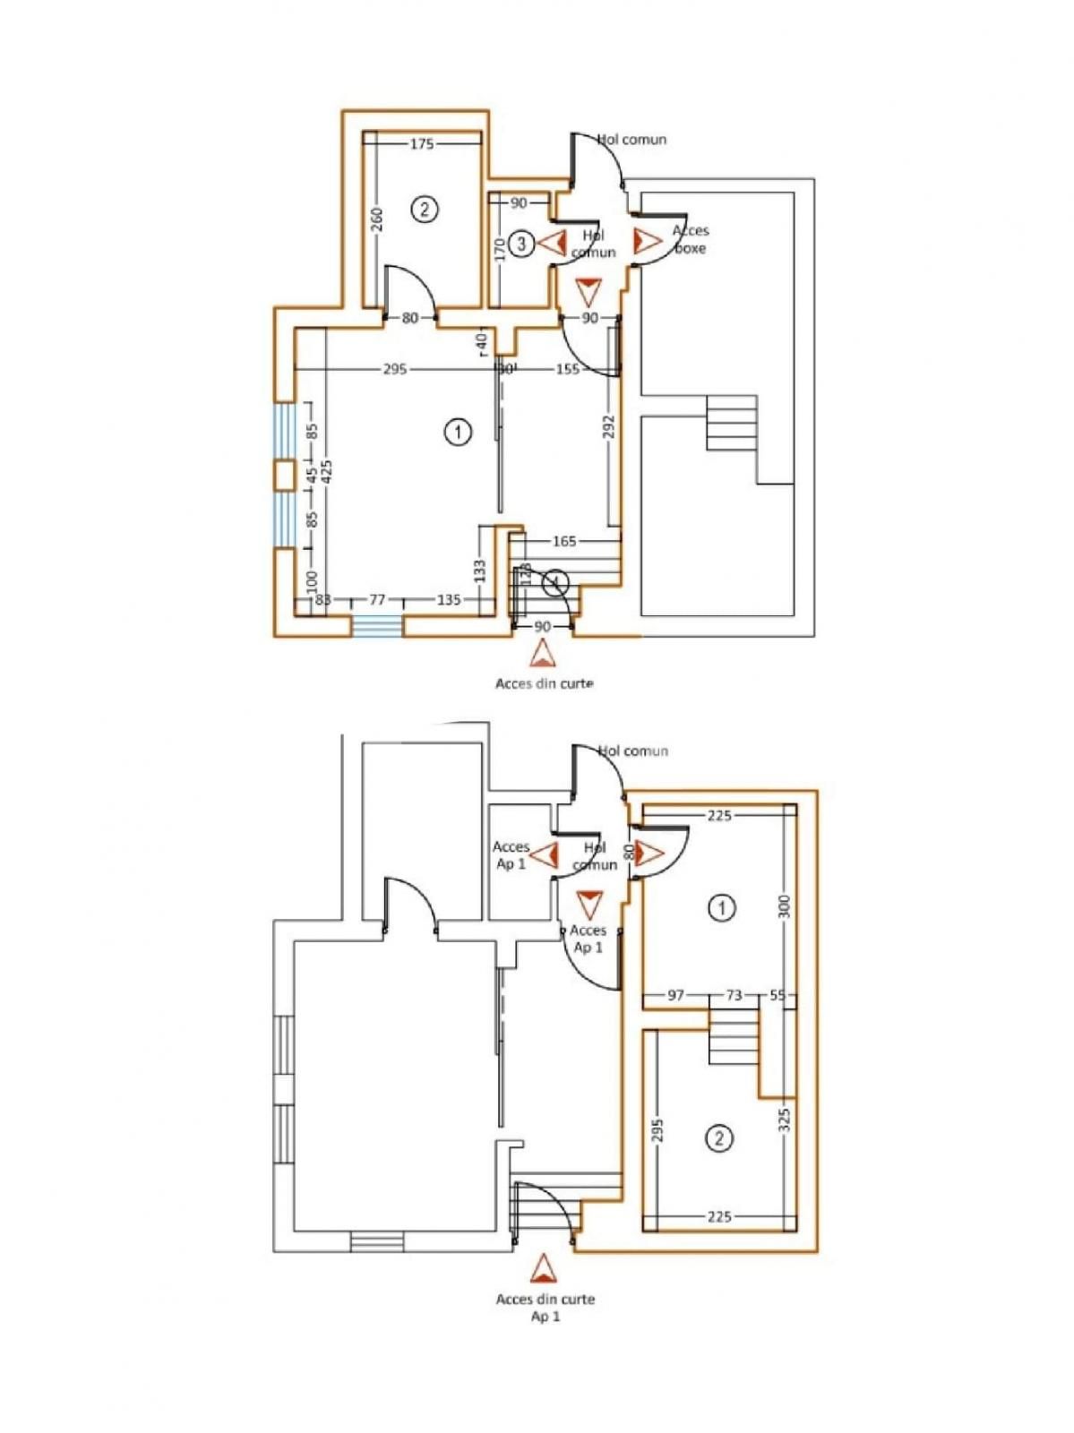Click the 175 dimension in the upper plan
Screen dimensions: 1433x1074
pos(421,143)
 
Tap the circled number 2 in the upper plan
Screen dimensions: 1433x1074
pos(425,210)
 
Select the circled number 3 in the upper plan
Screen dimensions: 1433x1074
pos(522,243)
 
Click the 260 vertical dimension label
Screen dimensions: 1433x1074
pos(377,220)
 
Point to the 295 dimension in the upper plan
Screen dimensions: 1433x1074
pos(395,369)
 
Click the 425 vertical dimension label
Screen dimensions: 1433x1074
pos(327,472)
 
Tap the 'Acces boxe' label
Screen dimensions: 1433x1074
pos(690,239)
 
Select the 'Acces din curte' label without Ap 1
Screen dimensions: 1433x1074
pos(544,683)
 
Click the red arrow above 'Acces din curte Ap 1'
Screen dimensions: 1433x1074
pos(541,1270)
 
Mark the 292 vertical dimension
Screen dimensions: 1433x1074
pos(609,426)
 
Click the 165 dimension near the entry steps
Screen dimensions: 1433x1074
pos(564,541)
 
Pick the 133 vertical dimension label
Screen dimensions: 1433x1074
pos(480,571)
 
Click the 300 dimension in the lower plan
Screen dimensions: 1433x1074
pos(786,907)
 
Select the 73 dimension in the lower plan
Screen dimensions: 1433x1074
pos(734,995)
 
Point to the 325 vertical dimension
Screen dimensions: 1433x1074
pos(785,1120)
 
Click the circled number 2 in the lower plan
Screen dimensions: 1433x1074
pos(720,1138)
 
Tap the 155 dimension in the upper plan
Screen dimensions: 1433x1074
pos(567,369)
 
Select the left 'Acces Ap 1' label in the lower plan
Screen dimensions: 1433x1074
pos(511,854)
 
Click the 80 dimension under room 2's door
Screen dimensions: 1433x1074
pos(409,317)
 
